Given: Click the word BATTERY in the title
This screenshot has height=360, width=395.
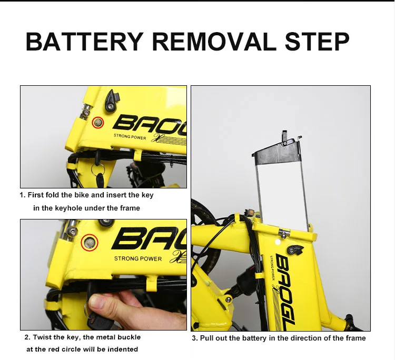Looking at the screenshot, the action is point(84,42).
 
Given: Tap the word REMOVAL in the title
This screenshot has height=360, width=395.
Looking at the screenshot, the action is point(214,42).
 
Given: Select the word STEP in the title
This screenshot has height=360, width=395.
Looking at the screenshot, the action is point(317,42).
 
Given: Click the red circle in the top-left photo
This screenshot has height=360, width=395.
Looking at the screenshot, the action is point(98,123).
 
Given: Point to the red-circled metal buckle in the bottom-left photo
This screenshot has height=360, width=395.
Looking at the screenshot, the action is point(90,243).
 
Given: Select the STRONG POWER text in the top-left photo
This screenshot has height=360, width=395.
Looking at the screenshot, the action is point(130,137).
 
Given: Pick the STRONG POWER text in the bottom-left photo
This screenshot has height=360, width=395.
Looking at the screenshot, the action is point(138,258).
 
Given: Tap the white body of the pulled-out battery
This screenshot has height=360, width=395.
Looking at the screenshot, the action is point(282,195).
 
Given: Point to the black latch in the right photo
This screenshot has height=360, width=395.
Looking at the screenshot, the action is point(295,249).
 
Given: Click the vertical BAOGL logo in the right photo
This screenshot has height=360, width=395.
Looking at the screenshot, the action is point(285,292).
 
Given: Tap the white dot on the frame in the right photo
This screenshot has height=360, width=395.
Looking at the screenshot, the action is point(278,242).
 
